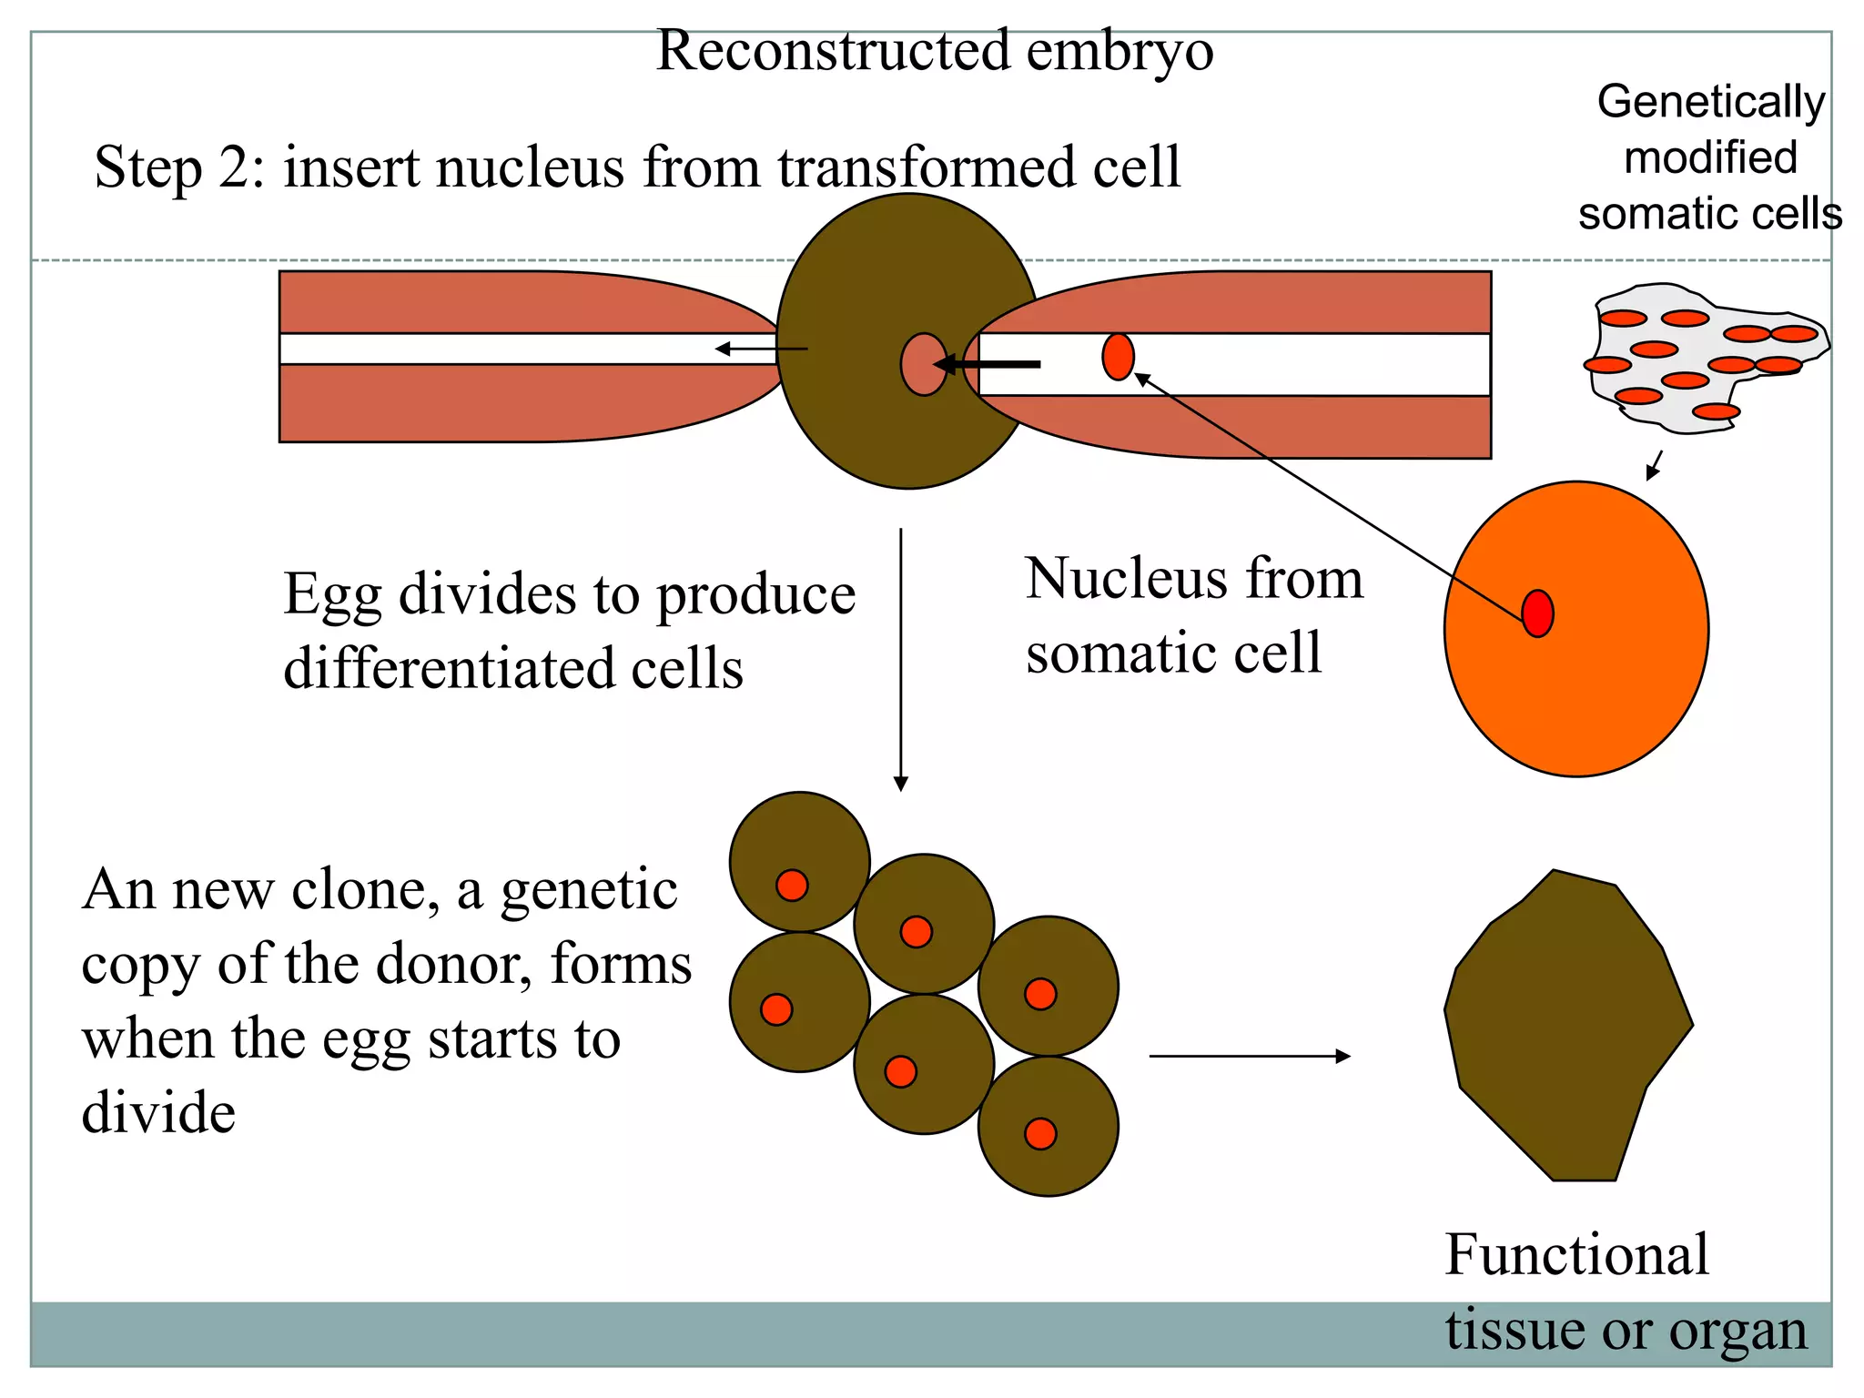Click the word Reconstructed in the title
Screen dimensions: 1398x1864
coord(832,51)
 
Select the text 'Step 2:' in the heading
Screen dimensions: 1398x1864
coord(179,168)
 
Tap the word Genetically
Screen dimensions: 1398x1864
coord(1710,102)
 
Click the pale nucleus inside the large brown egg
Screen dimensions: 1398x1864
coord(923,364)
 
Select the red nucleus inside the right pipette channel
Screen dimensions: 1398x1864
coord(1118,357)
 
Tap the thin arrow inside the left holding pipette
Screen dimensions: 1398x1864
coord(761,349)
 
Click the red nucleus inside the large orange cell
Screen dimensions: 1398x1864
coord(1537,613)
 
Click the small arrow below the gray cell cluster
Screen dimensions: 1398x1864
coord(1654,465)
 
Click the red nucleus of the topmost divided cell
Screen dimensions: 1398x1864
coord(792,885)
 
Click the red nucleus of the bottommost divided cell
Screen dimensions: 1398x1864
coord(1040,1134)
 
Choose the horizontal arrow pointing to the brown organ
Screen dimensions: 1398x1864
coord(1249,1056)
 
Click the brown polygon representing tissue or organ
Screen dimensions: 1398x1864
coord(1565,1024)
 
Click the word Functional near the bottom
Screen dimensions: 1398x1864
coord(1576,1255)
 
